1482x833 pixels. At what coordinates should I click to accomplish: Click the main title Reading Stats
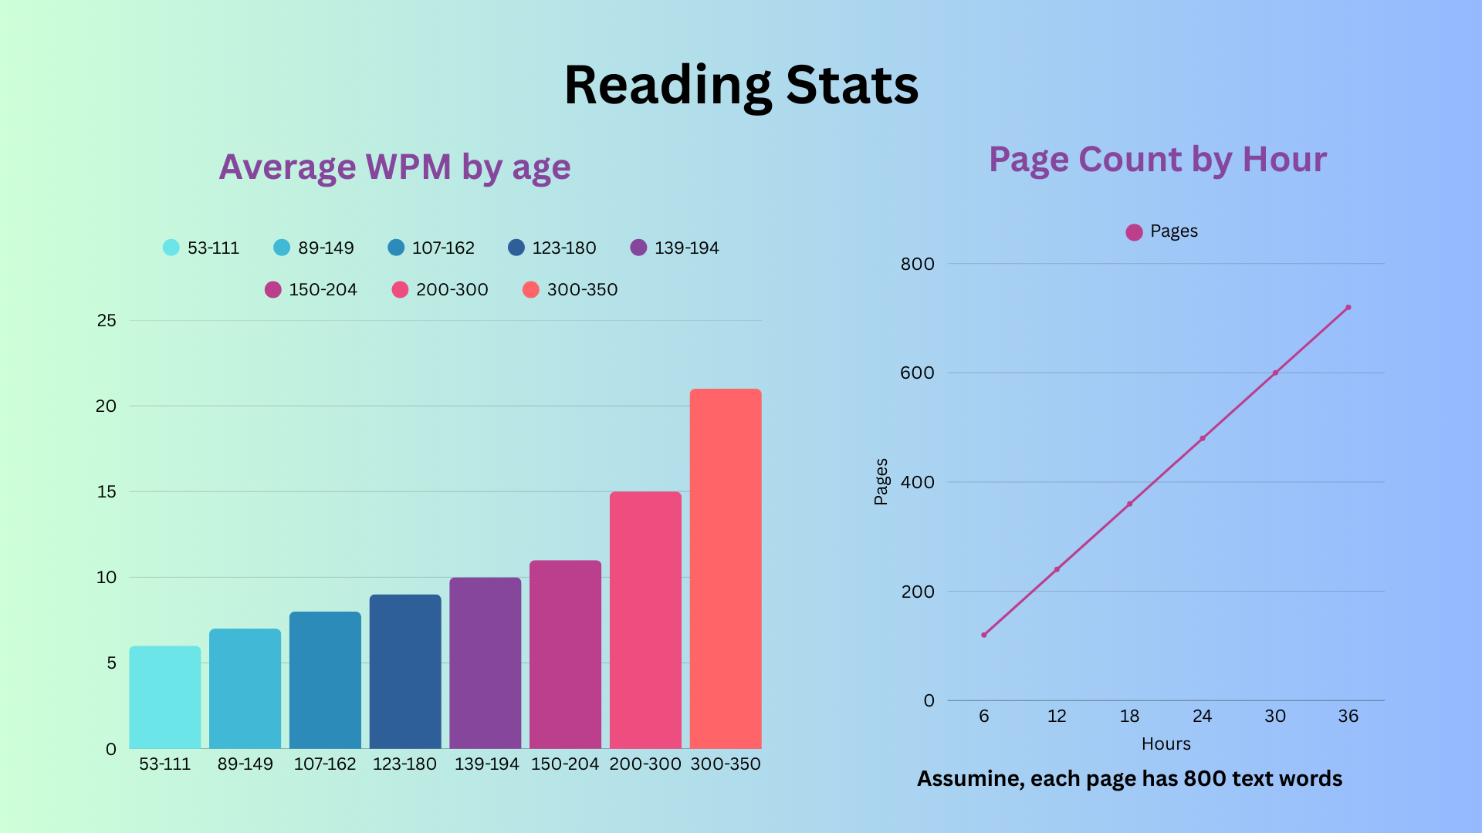(x=741, y=85)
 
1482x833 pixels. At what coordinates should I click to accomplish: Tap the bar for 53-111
(x=164, y=697)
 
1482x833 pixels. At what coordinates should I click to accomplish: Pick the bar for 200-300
(x=645, y=620)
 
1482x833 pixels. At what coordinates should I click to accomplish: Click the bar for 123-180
(x=405, y=671)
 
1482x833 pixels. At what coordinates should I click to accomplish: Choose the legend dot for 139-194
(x=638, y=248)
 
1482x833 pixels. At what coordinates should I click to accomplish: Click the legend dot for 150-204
(x=272, y=289)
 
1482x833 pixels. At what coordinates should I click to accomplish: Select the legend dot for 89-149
(x=282, y=248)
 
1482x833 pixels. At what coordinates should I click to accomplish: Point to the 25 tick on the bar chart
(x=107, y=320)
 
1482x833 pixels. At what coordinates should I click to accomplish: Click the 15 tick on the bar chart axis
(x=107, y=491)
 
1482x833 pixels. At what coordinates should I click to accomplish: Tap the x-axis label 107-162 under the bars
(x=325, y=764)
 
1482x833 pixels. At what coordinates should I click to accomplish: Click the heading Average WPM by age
(x=394, y=167)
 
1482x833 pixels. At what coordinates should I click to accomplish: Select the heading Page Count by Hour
(x=1158, y=160)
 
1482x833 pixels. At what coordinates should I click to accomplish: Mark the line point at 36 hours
(x=1348, y=308)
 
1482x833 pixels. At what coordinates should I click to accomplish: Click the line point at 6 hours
(x=984, y=635)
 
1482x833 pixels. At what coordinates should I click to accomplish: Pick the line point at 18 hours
(x=1130, y=504)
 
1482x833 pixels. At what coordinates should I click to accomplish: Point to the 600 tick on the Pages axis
(x=917, y=373)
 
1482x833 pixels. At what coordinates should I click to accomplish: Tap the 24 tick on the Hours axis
(x=1203, y=716)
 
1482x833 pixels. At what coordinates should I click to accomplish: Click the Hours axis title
(x=1166, y=744)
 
